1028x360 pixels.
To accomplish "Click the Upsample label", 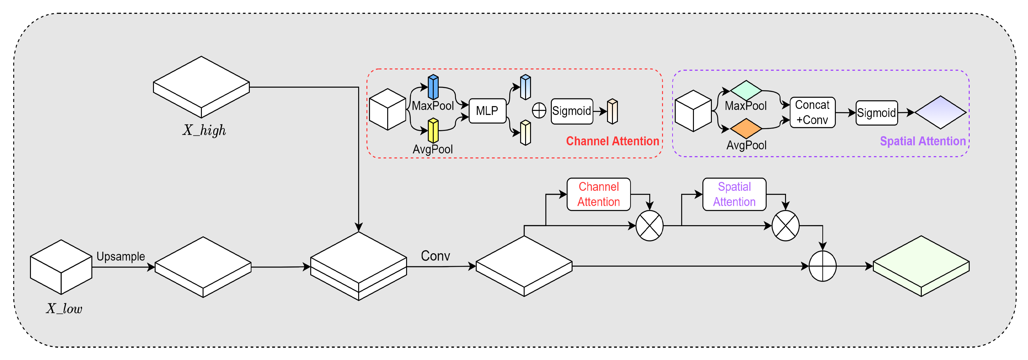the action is (120, 256).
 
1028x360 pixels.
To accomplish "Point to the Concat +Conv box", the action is (812, 112).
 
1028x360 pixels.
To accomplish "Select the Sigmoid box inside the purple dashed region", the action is (877, 113).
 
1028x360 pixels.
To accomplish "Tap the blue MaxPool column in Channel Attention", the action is (433, 87).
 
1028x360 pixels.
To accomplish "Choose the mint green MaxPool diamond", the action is (746, 91).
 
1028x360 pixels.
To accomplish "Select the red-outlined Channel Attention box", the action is (599, 194).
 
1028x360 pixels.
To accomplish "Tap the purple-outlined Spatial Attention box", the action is (734, 194).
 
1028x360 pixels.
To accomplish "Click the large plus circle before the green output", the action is (823, 266).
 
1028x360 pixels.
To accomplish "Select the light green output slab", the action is (921, 266).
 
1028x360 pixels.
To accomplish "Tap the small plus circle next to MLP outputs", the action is (539, 110).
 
